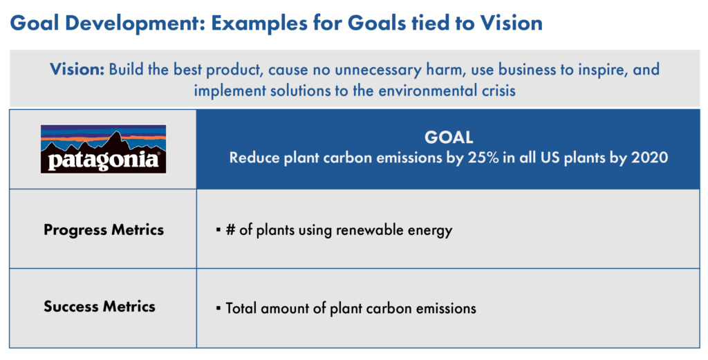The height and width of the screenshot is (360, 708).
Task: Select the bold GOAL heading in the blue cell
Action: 448,137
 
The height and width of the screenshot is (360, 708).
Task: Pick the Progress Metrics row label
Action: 104,230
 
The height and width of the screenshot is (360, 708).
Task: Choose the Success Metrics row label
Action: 100,307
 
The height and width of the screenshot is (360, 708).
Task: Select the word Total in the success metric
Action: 242,307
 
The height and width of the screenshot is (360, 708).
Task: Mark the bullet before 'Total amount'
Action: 218,307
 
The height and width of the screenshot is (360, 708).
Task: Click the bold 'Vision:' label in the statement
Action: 77,70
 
